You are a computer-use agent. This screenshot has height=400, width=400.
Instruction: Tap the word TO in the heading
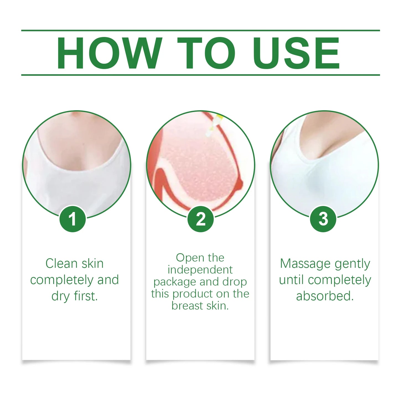[x=206, y=53]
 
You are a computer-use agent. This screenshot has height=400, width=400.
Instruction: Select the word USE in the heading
[x=296, y=53]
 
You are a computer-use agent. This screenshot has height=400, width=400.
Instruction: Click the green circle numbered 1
[x=73, y=219]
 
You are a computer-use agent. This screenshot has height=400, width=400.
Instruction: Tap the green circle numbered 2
[x=200, y=219]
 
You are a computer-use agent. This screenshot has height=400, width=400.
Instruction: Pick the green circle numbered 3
[x=323, y=219]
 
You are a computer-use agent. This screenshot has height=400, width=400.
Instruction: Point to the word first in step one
[x=86, y=296]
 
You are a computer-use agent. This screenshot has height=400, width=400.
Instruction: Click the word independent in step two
[x=200, y=270]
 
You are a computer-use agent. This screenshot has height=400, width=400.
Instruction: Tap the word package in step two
[x=175, y=282]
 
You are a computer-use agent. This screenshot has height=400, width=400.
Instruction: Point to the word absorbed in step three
[x=325, y=296]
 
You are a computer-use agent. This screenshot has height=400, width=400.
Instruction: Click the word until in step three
[x=291, y=280]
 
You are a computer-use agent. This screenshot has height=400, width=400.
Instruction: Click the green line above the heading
[x=200, y=30]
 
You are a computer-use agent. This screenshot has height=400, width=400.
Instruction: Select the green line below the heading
[x=200, y=75]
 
